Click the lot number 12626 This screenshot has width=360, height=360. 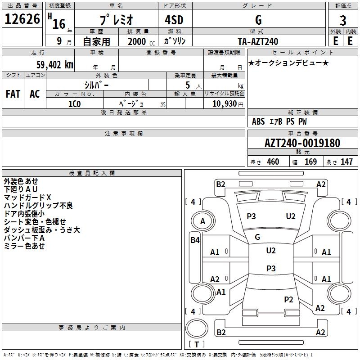pyautogui.click(x=22, y=19)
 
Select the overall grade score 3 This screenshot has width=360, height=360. pyautogui.click(x=343, y=21)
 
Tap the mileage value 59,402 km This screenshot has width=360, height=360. pyautogui.click(x=55, y=65)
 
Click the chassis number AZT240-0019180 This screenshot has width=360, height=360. pyautogui.click(x=302, y=143)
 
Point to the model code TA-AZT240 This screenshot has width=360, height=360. pyautogui.click(x=258, y=41)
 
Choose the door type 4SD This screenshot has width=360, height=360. pyautogui.click(x=174, y=20)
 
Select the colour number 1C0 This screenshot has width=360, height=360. pyautogui.click(x=75, y=104)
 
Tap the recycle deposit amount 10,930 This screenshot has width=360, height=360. pyautogui.click(x=225, y=104)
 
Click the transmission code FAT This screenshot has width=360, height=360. pyautogui.click(x=13, y=94)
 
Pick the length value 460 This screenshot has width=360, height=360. pyautogui.click(x=273, y=162)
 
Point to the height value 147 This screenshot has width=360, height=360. pyautogui.click(x=346, y=162)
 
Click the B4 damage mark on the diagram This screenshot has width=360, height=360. pyautogui.click(x=195, y=240)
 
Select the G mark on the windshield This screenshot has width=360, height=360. pyautogui.click(x=257, y=237)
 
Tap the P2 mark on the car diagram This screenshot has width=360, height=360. pyautogui.click(x=288, y=299)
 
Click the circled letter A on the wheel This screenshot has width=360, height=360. pyautogui.click(x=202, y=221)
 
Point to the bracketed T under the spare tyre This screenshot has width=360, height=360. pyautogui.click(x=197, y=344)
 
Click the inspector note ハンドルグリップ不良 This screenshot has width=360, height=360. pyautogui.click(x=38, y=205)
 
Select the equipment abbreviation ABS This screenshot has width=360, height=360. pyautogui.click(x=258, y=121)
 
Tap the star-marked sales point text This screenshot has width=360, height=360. pyautogui.click(x=288, y=63)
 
